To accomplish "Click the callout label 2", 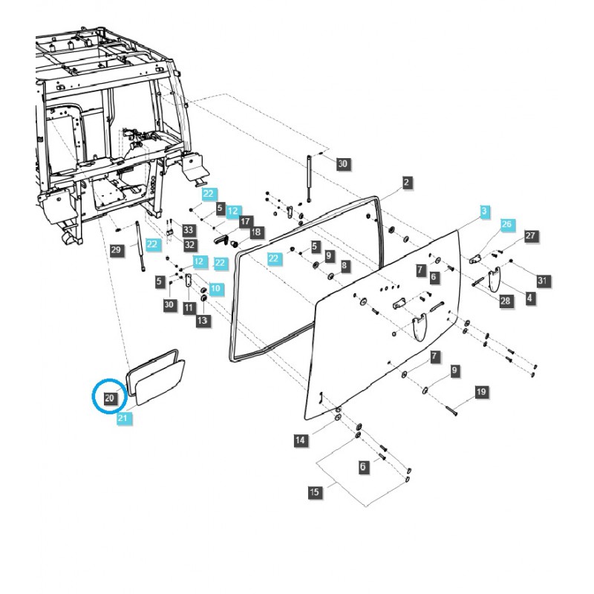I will tap(408, 182).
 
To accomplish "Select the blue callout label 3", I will tap(483, 212).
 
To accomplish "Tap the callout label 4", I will tap(529, 298).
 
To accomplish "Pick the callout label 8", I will tap(345, 265).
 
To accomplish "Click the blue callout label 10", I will tap(215, 287).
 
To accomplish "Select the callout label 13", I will tap(203, 320).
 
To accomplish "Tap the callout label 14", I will tap(299, 441).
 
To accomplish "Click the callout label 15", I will tap(316, 492).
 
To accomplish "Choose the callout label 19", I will tap(480, 391).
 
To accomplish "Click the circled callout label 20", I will tap(109, 399).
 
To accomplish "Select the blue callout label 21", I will tap(123, 420).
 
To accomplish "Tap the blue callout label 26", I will tap(507, 224).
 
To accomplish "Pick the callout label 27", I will tap(530, 235).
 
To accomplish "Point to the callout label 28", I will tap(506, 301).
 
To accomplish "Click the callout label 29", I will tap(116, 251).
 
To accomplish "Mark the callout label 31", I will tap(542, 280).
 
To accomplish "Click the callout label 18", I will tap(256, 232).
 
